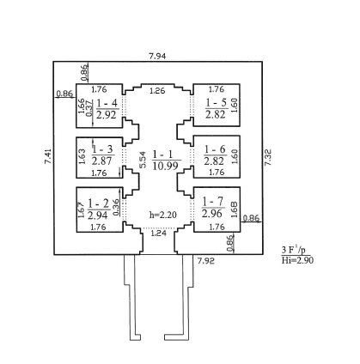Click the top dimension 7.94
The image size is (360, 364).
157,56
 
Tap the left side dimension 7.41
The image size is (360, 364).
48,156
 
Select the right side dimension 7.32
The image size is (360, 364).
268,158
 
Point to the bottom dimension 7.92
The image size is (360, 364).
205,261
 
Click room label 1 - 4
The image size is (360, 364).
107,103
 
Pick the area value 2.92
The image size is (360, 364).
107,115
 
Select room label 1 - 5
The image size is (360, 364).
217,102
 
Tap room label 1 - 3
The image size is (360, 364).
102,149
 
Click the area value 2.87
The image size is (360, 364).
101,161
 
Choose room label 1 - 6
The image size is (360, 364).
215,149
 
